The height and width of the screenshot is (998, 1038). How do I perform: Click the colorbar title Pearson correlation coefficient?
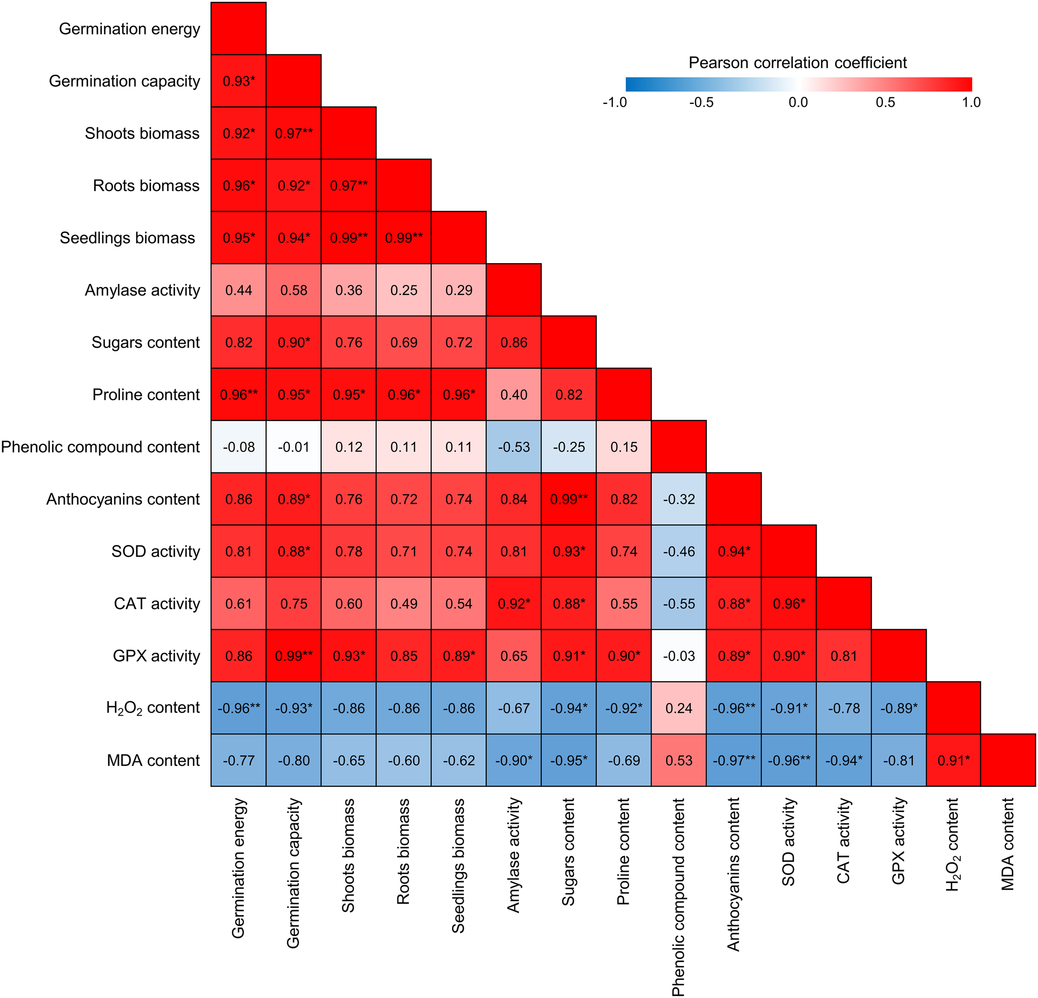(798, 63)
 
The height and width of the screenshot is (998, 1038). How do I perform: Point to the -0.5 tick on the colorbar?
(701, 102)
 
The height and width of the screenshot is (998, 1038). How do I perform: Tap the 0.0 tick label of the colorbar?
(798, 102)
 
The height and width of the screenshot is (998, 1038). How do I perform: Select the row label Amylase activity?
(143, 290)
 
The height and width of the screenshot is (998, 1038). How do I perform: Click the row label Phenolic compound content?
(101, 447)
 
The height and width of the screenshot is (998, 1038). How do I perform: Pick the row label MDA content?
(154, 761)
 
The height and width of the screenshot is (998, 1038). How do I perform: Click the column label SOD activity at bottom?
(789, 842)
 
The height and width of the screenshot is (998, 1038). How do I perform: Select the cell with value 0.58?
(293, 290)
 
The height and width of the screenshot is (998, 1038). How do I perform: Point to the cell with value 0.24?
(679, 708)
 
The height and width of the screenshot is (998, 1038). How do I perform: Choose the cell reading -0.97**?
(734, 761)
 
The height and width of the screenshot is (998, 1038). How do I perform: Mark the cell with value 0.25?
(403, 290)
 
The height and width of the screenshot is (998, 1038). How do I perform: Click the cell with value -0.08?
(239, 447)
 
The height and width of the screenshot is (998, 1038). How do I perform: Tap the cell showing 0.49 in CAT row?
(403, 604)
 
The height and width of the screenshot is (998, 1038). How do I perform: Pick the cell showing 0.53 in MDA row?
(679, 761)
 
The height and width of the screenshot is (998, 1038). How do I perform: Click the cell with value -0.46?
(679, 551)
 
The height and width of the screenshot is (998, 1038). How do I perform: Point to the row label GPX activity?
(157, 656)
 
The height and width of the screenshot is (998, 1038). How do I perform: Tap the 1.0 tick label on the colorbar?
(971, 102)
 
